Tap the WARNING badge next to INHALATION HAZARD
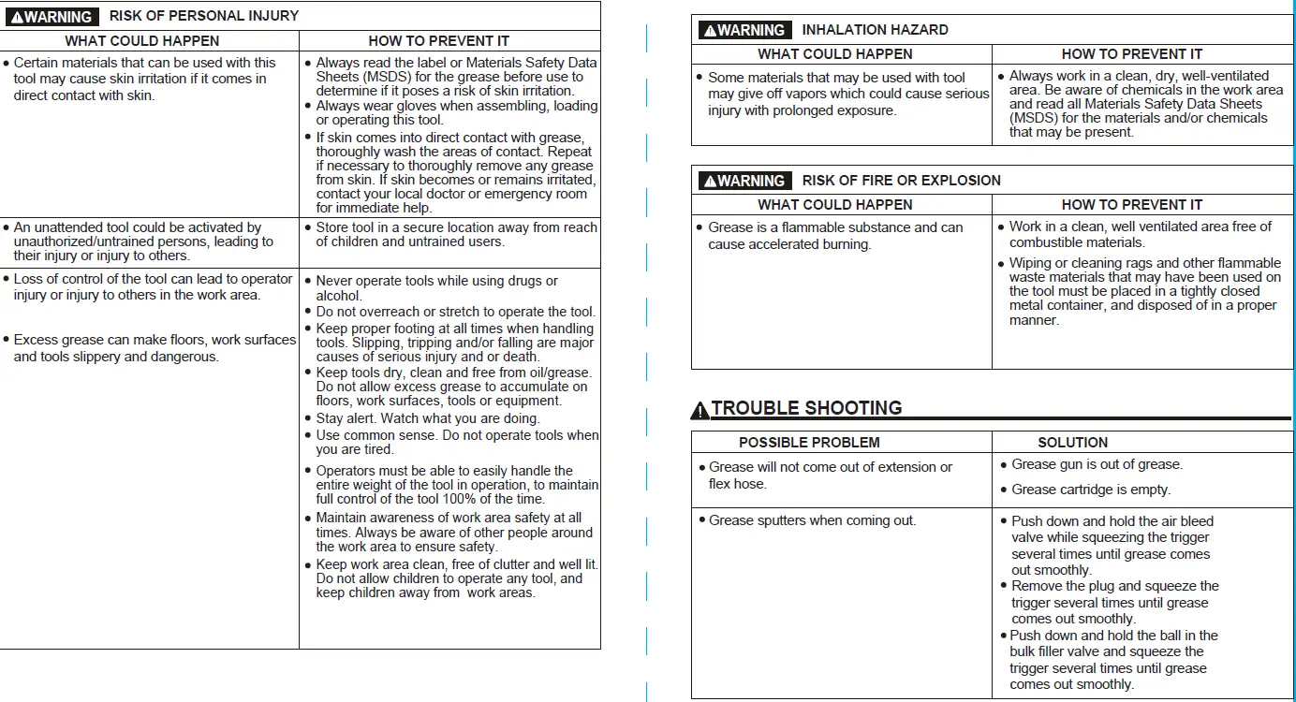[x=744, y=30]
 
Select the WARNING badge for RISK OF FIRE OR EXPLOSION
[x=744, y=181]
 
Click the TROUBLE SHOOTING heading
[x=806, y=408]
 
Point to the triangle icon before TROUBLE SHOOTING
[x=700, y=410]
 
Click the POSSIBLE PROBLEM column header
[x=809, y=443]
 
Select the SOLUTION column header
[x=1072, y=443]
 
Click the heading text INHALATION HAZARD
[x=875, y=30]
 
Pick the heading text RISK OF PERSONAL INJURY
[x=204, y=16]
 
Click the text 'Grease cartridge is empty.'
[x=1091, y=490]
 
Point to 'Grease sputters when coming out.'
[x=812, y=520]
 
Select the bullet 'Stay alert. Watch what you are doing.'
[x=428, y=418]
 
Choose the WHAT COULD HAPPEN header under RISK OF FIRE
[x=834, y=204]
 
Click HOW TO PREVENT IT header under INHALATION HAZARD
[x=1131, y=54]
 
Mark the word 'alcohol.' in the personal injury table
[x=339, y=296]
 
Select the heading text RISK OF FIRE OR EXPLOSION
[x=901, y=181]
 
